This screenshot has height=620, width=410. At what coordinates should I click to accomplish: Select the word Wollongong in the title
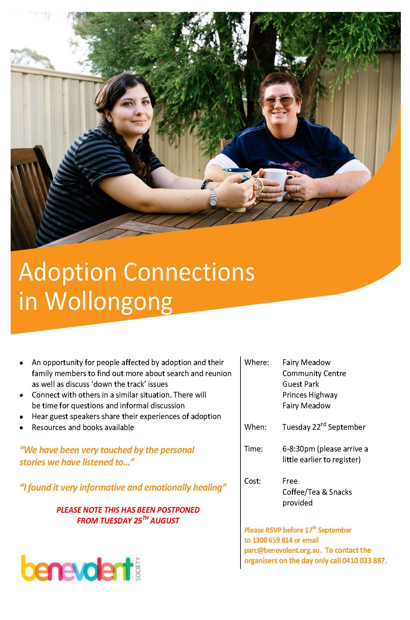tap(110, 303)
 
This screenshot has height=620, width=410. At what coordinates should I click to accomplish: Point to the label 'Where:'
tap(257, 362)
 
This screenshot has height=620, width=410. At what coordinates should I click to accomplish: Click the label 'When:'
tap(255, 427)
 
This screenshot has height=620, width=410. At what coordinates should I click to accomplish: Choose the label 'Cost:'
tap(253, 481)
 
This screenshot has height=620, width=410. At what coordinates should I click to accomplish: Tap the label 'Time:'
tap(253, 449)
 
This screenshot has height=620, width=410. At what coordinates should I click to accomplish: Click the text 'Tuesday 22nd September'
tap(324, 427)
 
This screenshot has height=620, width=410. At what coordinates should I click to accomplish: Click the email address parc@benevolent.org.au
tap(283, 550)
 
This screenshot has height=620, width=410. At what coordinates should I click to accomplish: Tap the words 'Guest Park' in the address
tap(300, 384)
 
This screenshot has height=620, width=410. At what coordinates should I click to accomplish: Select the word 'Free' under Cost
tap(290, 481)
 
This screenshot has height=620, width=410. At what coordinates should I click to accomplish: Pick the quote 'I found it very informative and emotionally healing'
tap(123, 488)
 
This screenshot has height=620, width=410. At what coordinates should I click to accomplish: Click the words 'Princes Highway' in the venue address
tap(310, 395)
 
